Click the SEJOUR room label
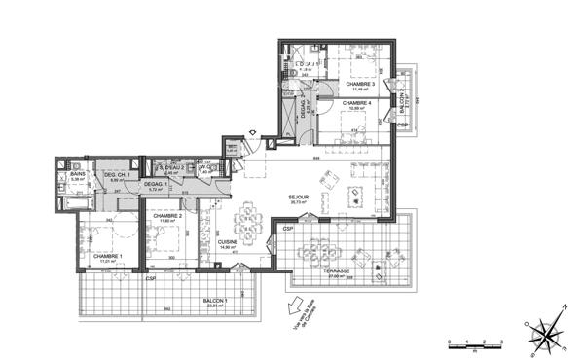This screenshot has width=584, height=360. tap(299, 197)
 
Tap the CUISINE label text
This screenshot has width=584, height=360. tap(229, 242)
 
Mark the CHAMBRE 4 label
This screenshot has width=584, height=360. tap(357, 102)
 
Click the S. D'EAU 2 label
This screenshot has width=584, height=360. tap(173, 168)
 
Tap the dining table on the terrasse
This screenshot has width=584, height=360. tap(317, 248)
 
